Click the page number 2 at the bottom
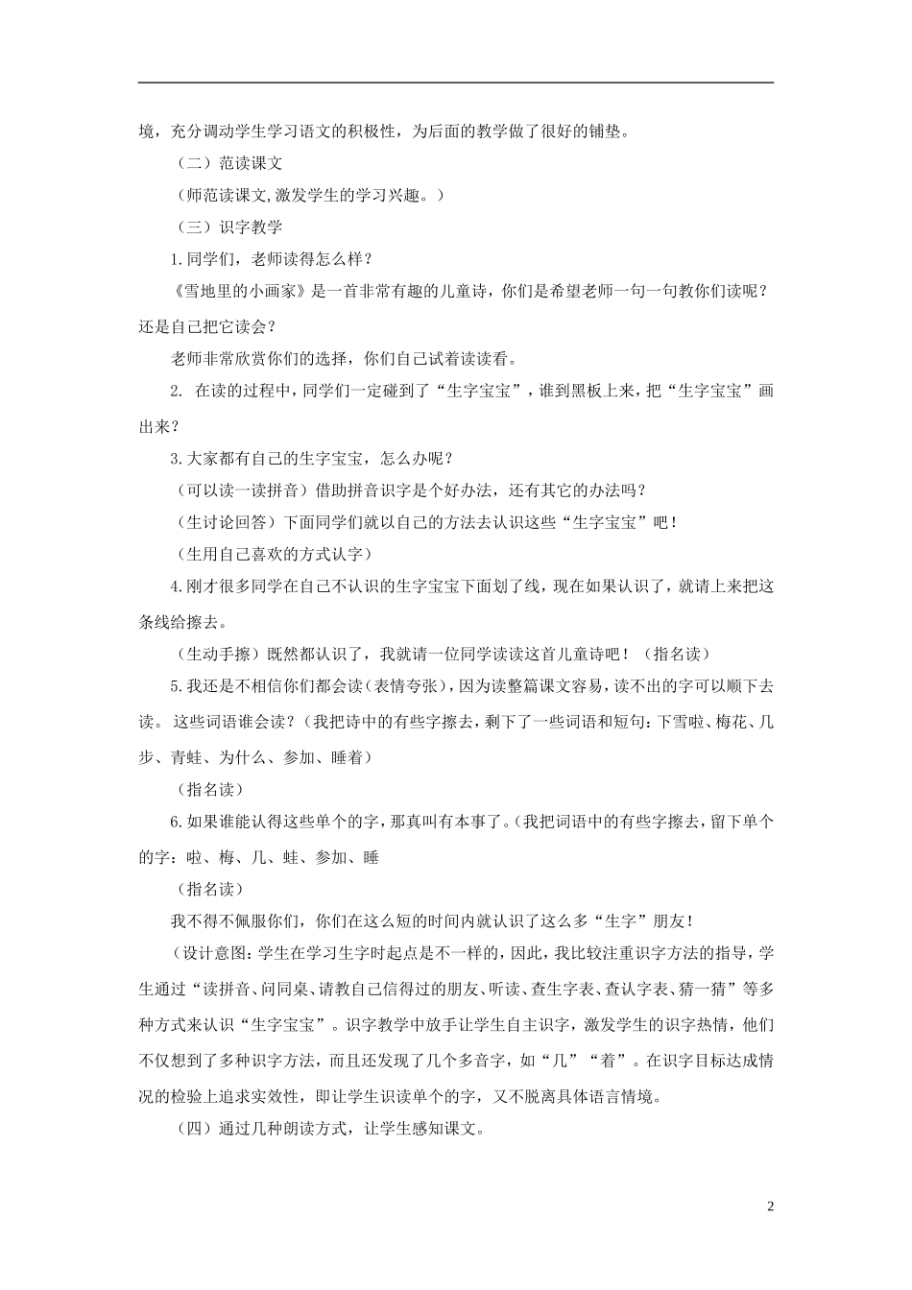(770, 1206)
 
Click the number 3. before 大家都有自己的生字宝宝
(176, 458)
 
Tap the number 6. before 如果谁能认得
(176, 823)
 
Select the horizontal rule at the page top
(456, 83)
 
